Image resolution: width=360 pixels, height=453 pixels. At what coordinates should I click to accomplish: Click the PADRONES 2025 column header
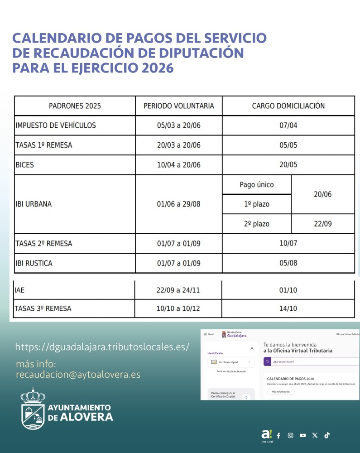(x=75, y=106)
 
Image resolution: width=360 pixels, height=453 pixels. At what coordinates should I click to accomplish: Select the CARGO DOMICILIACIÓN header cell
(x=288, y=106)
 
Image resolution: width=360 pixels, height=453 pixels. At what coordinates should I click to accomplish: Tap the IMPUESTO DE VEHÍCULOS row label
(x=56, y=125)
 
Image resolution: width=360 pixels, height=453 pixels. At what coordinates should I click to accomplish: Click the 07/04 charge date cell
(x=288, y=125)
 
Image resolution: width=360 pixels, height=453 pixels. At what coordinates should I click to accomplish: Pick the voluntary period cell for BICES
(x=178, y=165)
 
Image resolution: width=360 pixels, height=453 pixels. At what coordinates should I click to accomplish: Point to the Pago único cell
(x=256, y=185)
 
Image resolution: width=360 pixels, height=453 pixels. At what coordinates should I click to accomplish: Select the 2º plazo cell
(x=256, y=224)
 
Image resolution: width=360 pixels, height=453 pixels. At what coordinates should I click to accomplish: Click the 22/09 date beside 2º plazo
(x=322, y=224)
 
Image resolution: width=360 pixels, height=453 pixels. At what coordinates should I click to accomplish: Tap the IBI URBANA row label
(x=34, y=204)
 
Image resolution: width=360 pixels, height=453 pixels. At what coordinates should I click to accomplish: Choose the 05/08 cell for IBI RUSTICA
(x=288, y=263)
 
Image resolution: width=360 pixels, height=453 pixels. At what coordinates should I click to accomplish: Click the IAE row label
(x=19, y=289)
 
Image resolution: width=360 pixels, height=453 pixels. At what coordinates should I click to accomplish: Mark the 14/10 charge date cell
(x=288, y=309)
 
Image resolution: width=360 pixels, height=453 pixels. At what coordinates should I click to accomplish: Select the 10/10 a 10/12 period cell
(x=178, y=309)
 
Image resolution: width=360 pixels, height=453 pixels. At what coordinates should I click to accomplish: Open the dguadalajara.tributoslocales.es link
(x=102, y=347)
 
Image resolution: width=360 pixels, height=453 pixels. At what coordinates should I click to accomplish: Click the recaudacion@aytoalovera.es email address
(x=78, y=375)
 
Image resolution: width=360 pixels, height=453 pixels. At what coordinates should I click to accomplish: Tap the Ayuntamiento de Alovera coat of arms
(x=33, y=409)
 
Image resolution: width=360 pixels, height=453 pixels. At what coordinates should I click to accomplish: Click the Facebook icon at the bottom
(x=278, y=436)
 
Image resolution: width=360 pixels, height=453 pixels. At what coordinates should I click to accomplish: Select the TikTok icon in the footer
(x=327, y=435)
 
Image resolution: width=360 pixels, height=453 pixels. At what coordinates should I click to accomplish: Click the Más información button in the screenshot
(x=281, y=391)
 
